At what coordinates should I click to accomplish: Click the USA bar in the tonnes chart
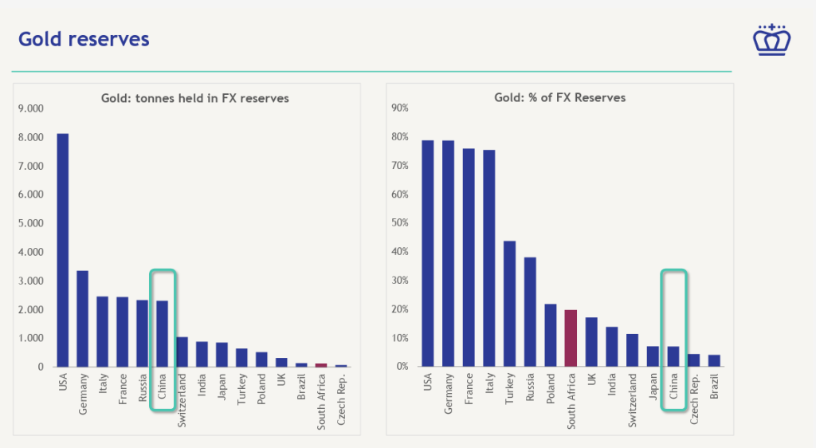point(62,250)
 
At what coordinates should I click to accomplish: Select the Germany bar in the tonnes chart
point(82,319)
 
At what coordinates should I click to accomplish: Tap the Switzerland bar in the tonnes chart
point(182,352)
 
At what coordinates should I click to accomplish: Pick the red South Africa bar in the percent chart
point(571,338)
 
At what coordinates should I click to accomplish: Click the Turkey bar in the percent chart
point(510,304)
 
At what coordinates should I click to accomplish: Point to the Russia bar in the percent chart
point(530,312)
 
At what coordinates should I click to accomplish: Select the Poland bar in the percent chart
point(551,335)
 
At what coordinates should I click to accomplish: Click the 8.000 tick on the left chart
point(30,137)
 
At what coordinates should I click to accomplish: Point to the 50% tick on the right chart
point(399,223)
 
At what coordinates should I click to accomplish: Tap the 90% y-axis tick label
point(399,108)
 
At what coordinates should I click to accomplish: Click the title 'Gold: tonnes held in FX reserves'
point(194,98)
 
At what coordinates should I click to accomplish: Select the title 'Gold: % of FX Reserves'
point(559,97)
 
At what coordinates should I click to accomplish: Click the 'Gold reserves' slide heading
point(84,38)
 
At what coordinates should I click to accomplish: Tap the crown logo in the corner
point(770,39)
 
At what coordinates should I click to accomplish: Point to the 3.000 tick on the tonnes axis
point(30,281)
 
